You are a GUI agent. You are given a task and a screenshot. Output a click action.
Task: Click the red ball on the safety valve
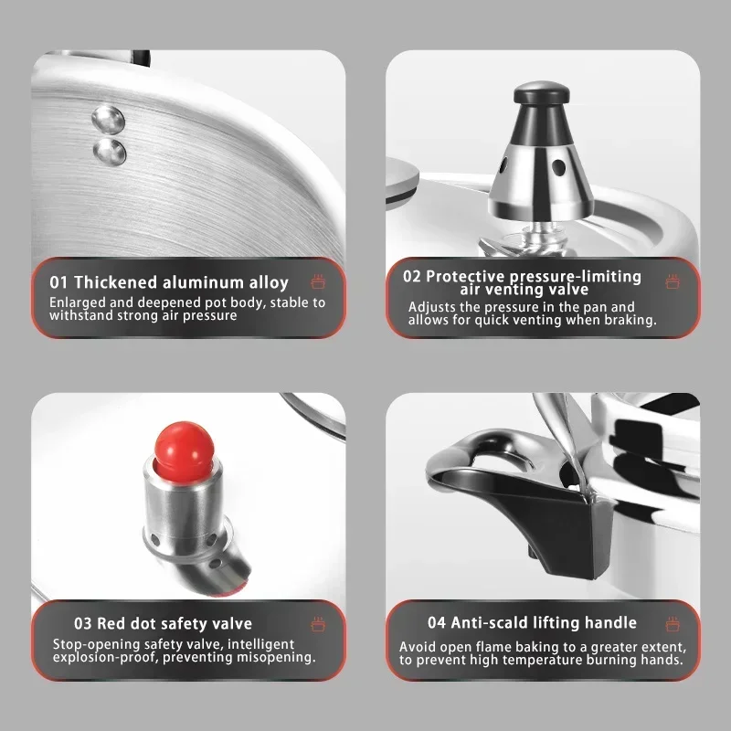pos(185,445)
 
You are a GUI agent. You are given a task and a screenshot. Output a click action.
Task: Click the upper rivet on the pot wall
pos(108,119)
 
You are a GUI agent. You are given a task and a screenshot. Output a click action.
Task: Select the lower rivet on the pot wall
pos(110,152)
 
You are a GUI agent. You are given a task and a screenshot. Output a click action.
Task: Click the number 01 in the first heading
pos(58,282)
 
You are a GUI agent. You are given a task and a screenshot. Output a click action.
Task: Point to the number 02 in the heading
pos(412,277)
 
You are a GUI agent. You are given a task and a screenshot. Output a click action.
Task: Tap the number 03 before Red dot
pos(83,623)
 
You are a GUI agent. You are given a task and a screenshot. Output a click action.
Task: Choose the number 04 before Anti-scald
pos(437,623)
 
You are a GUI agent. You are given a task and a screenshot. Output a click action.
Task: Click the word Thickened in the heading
pos(116,282)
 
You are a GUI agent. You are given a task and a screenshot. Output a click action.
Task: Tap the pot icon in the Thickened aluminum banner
pos(318,281)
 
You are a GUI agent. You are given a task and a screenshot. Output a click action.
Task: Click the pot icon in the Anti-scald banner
pos(673,623)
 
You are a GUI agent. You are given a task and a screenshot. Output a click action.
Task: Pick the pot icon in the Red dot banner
pos(318,624)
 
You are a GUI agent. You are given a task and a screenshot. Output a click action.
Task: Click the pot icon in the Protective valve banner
pos(673,281)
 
